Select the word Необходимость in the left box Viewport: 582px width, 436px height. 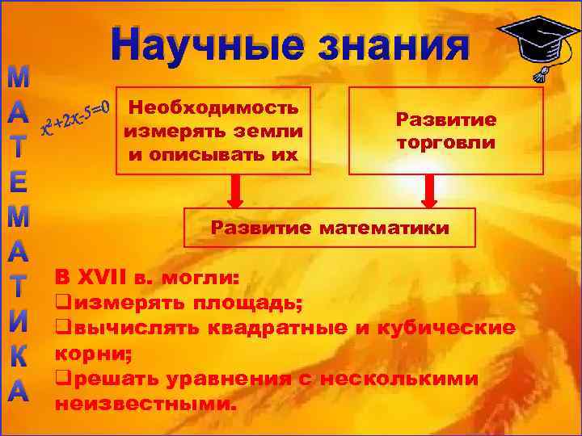click(x=214, y=107)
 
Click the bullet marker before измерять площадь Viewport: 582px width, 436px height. click(x=59, y=304)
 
